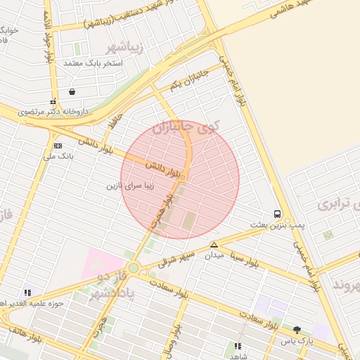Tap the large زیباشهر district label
click(x=127, y=48)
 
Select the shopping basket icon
click(x=72, y=91)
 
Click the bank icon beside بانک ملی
click(x=58, y=146)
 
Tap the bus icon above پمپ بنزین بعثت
click(x=278, y=214)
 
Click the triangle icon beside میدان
click(x=214, y=245)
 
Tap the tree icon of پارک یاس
click(x=297, y=329)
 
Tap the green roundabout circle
click(x=134, y=268)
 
